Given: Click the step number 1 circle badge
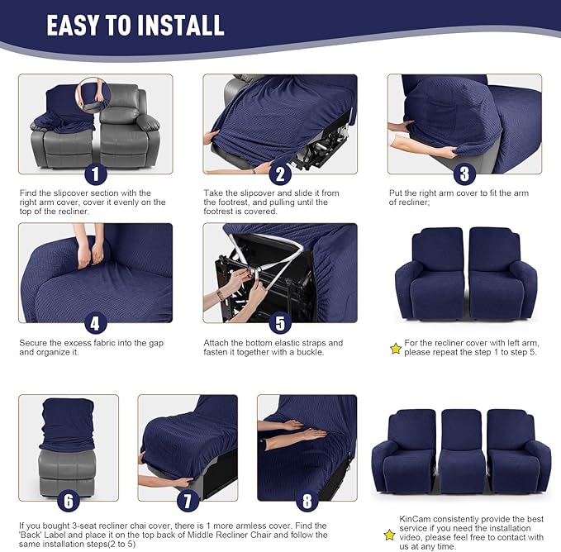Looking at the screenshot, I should [95, 174].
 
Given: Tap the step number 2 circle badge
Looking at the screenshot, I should [280, 174].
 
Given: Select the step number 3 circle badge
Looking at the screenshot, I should [464, 174].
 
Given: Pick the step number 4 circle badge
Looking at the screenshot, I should [95, 323].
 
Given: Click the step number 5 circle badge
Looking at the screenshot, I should [280, 323].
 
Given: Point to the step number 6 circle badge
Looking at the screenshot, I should [68, 501].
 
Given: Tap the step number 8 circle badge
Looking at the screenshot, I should [307, 501].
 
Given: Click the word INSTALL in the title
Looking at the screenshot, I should [169, 26].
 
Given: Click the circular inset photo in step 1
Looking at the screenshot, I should [93, 94].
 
